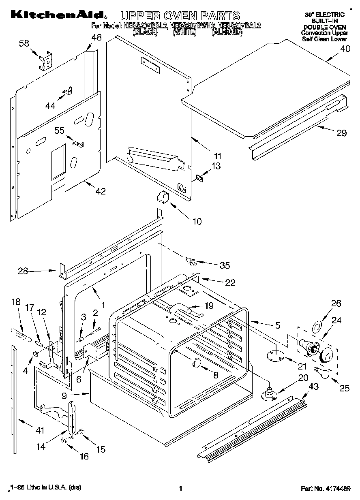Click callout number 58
pos(24,43)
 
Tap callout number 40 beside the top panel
pos(345,49)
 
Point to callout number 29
pos(342,133)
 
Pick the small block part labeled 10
pos(162,197)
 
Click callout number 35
pos(224,265)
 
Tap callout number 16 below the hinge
pos(84,456)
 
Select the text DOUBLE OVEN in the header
pos(324,27)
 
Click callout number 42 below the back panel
pos(100,191)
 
